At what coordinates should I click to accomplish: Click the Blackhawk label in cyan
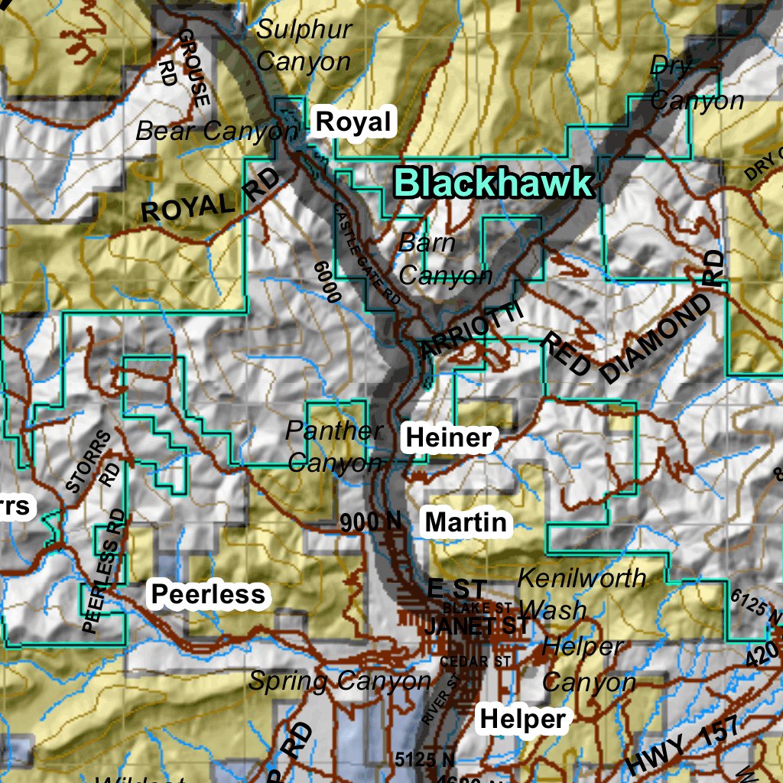(493, 184)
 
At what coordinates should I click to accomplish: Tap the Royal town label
(353, 122)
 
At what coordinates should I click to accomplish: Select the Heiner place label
(448, 438)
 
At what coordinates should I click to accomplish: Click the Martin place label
(466, 522)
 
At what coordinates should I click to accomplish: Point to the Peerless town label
(208, 594)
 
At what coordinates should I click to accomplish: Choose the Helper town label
(523, 719)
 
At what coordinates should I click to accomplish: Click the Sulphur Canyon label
(304, 46)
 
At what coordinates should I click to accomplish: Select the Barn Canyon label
(444, 259)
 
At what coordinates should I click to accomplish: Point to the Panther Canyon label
(333, 447)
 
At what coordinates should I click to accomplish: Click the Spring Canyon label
(340, 680)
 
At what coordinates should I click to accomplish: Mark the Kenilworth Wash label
(581, 593)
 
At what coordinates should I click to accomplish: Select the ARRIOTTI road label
(471, 330)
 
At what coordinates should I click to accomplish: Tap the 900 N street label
(370, 522)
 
